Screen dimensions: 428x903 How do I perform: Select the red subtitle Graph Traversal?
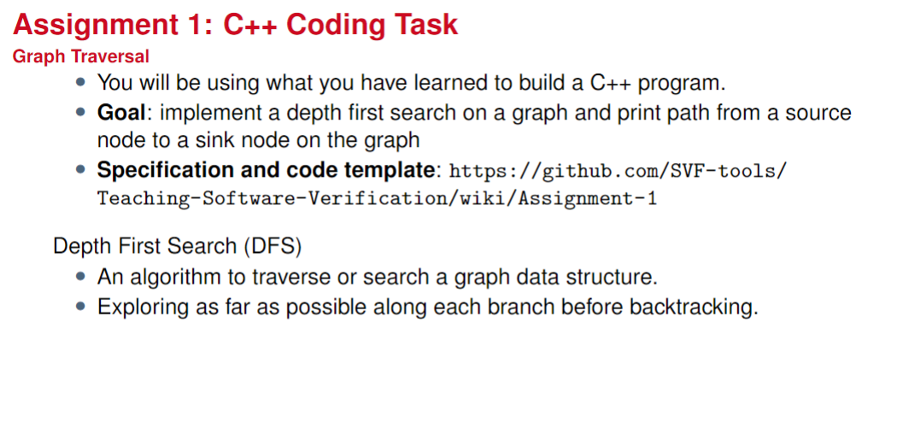click(x=81, y=57)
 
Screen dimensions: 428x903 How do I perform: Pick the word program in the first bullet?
click(x=680, y=84)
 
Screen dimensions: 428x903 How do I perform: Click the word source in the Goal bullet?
click(x=818, y=113)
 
